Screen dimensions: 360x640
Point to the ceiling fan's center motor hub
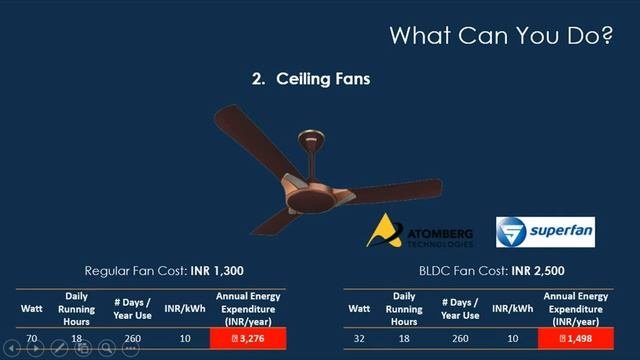coord(312,186)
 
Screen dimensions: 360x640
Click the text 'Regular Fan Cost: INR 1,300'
coord(164,271)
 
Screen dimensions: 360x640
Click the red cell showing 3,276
coord(248,340)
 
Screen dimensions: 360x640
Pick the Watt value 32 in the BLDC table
coord(360,340)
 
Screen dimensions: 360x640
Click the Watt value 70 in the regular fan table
coord(32,340)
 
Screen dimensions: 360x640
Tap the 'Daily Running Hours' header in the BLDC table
coord(404,308)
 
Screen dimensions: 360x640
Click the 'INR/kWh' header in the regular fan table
coord(184,308)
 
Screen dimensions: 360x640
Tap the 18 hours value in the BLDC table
coord(404,340)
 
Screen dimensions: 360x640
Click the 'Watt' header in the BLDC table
coord(360,308)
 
